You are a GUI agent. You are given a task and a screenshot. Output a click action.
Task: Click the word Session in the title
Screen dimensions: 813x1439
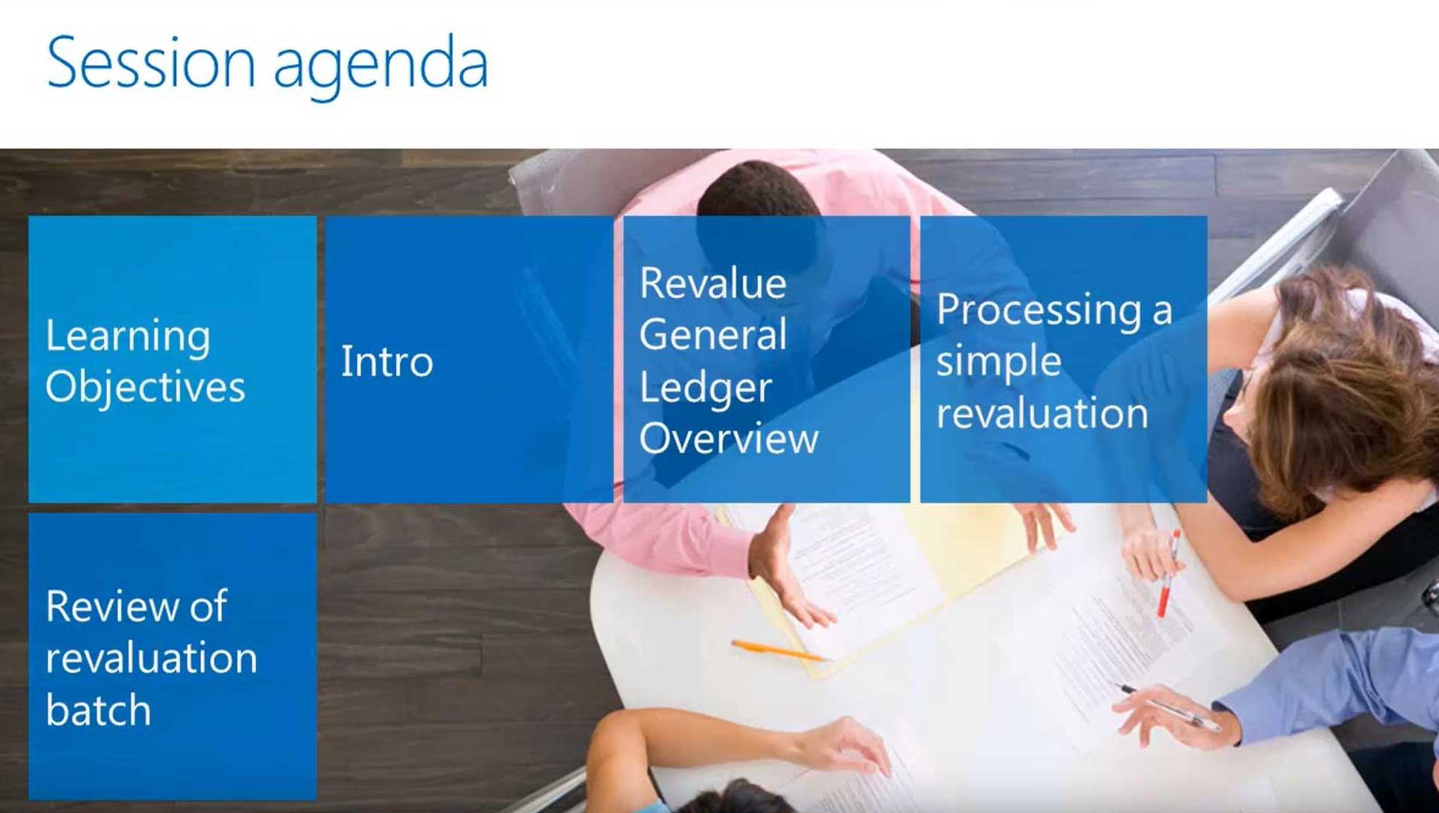point(151,63)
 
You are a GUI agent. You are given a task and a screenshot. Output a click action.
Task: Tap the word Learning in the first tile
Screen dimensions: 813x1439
point(128,336)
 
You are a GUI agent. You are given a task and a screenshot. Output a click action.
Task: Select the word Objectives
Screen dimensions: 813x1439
point(145,388)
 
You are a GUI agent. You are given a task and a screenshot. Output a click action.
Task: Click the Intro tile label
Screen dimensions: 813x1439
point(387,361)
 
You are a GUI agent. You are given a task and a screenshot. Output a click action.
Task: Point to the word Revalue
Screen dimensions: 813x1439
point(712,284)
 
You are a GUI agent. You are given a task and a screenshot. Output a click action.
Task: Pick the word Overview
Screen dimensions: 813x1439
point(728,438)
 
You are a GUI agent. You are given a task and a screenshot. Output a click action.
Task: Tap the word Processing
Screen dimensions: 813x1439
point(1039,310)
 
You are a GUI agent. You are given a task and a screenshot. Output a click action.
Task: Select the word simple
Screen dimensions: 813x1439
point(999,362)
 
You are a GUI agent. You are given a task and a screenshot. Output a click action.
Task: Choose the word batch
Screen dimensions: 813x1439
point(98,710)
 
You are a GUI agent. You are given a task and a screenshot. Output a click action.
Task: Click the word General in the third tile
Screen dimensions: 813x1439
point(712,335)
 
